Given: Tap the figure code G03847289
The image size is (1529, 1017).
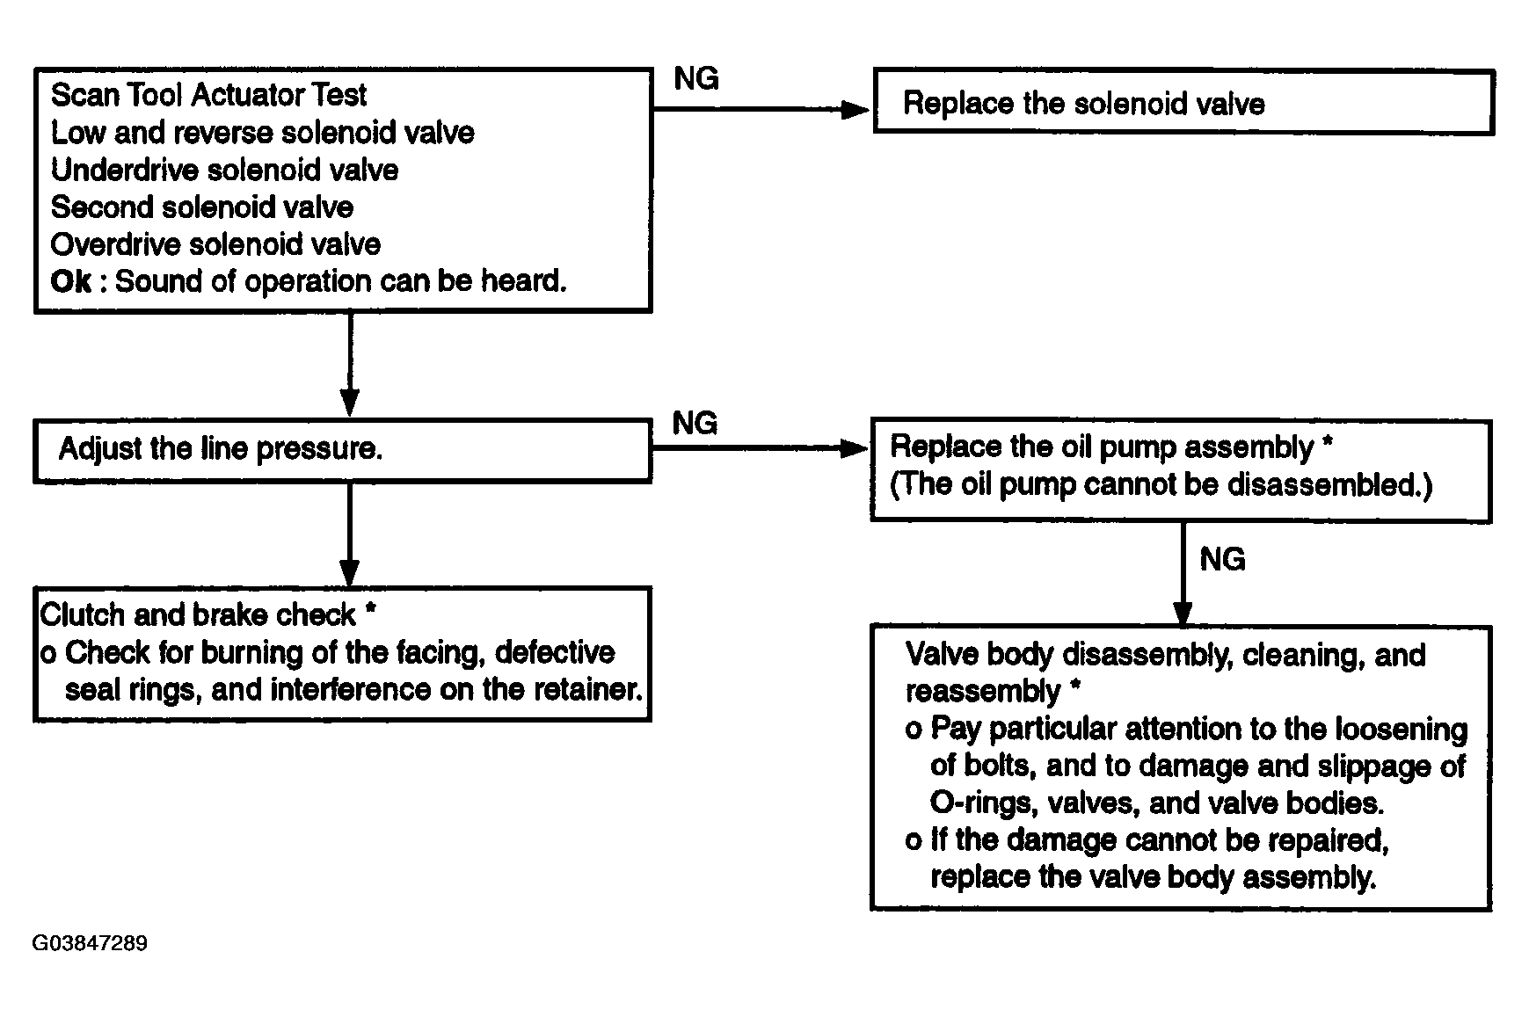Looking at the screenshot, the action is click(90, 944).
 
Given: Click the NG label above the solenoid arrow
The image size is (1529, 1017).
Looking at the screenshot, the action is click(696, 79).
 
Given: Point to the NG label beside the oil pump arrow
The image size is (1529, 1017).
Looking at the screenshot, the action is click(695, 424).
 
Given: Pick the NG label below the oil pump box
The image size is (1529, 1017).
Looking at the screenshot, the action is click(1222, 559).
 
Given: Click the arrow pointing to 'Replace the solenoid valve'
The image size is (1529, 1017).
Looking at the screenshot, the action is click(761, 110).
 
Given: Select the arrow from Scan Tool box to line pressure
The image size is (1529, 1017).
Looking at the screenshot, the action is click(350, 365).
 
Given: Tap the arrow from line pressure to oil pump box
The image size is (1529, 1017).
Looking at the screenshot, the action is click(761, 449).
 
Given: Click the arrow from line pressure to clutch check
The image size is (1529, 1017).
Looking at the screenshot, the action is click(350, 534).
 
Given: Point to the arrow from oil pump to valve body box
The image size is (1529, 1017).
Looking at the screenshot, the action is click(1183, 574).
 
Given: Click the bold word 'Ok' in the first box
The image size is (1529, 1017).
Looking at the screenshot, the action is click(70, 281).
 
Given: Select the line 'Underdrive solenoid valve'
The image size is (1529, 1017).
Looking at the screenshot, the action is click(224, 170).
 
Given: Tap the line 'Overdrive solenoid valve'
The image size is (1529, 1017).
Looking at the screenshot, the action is click(215, 243).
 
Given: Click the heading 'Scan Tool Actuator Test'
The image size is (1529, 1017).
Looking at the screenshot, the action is click(208, 95).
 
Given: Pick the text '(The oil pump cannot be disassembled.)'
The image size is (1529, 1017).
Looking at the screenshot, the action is click(1161, 485).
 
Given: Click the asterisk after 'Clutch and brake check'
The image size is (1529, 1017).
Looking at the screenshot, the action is click(370, 608).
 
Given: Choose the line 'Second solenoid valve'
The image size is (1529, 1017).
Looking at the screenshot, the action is click(202, 207).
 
